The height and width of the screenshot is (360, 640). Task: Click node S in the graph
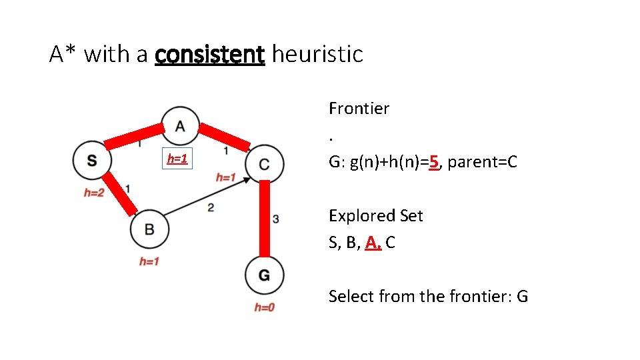coord(91,161)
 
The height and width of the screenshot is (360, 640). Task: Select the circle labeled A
coord(180,125)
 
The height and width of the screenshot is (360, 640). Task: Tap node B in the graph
coord(149,229)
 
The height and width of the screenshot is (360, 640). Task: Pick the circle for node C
coord(265,164)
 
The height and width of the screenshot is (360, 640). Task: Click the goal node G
coord(265,275)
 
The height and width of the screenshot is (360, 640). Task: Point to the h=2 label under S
coord(94,193)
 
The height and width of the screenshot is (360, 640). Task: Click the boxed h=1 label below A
coord(177,159)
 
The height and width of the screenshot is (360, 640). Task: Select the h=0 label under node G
coord(264,307)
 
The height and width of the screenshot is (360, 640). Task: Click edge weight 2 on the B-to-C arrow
coord(211,208)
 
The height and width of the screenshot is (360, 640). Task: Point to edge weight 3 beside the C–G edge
coord(276,218)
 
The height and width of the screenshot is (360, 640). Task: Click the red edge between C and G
coord(265,219)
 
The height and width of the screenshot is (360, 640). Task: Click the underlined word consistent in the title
coord(209,54)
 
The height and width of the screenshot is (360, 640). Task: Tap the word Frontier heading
coord(359,108)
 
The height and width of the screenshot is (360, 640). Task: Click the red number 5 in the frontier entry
coord(434,162)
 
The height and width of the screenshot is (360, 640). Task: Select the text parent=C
coord(483,162)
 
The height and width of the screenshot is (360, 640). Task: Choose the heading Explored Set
coord(375,215)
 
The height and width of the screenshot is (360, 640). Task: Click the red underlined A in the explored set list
coord(371,243)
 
